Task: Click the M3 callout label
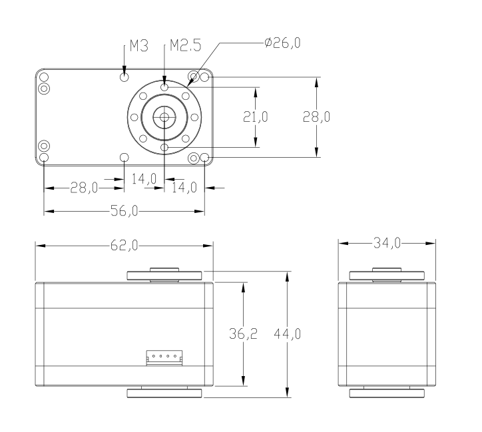(x=139, y=46)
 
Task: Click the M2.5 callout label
(x=186, y=45)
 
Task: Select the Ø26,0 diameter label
(x=282, y=43)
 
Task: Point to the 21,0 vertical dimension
(x=256, y=116)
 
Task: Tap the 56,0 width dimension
(x=124, y=211)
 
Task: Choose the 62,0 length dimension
(x=124, y=246)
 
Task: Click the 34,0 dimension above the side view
(x=387, y=243)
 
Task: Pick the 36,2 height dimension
(x=243, y=333)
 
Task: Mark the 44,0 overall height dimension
(x=287, y=333)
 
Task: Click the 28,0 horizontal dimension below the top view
(x=84, y=188)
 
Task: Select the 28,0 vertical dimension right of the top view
(x=316, y=116)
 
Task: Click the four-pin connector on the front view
(x=164, y=358)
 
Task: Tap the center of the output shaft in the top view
(x=164, y=117)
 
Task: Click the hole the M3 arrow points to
(x=124, y=77)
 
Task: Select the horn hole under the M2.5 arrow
(x=164, y=87)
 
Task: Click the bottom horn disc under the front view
(x=164, y=393)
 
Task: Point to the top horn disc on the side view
(x=387, y=276)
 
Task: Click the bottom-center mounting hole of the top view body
(x=124, y=158)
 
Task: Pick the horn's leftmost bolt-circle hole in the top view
(x=134, y=117)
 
